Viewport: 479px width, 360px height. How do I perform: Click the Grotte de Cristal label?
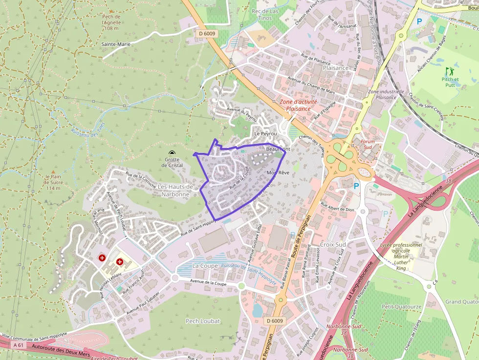[x=172, y=162]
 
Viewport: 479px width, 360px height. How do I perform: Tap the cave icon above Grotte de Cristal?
[x=172, y=153]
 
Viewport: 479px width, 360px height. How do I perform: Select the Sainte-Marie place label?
[x=116, y=44]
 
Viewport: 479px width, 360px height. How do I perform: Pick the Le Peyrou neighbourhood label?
[x=265, y=133]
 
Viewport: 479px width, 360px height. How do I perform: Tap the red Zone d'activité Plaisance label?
[x=298, y=105]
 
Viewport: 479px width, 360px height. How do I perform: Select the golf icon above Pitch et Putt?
[x=449, y=71]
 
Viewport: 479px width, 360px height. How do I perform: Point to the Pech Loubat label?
[x=203, y=321]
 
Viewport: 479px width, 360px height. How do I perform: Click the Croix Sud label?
[x=333, y=244]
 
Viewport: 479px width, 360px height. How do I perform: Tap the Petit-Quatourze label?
[x=401, y=307]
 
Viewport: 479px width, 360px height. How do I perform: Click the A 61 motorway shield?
[x=19, y=345]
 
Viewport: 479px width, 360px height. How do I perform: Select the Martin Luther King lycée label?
[x=401, y=256]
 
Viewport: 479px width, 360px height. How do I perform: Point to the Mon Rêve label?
[x=278, y=173]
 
